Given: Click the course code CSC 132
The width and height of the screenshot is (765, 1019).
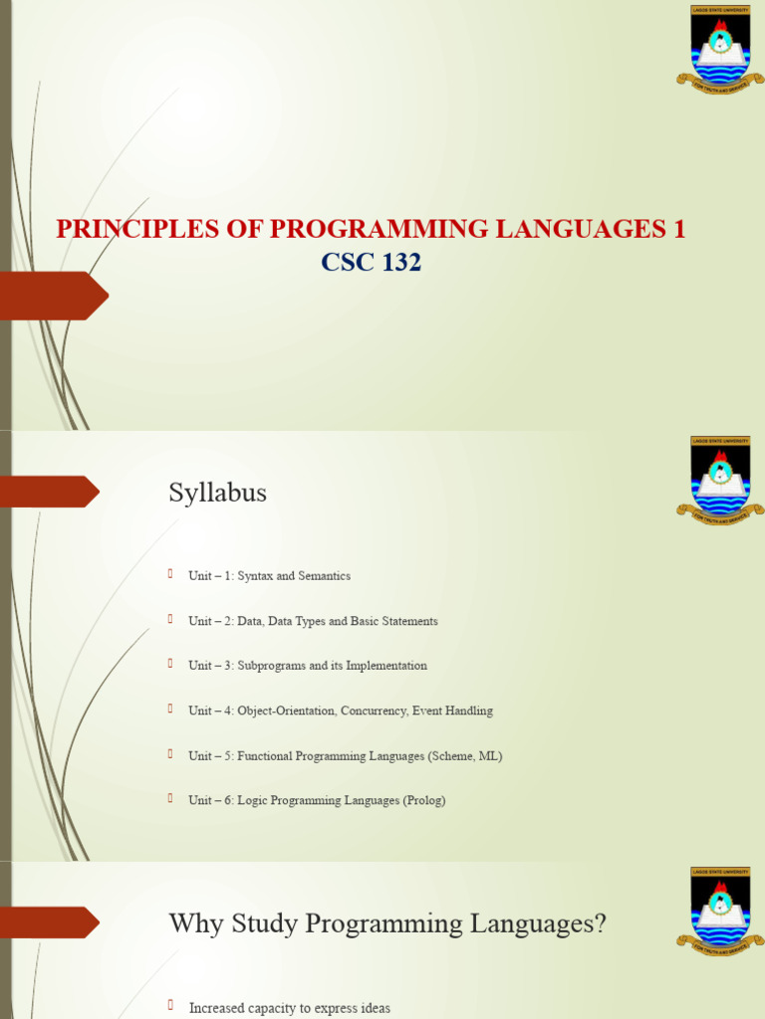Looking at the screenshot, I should [371, 263].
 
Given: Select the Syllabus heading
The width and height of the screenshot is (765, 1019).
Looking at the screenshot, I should [217, 493].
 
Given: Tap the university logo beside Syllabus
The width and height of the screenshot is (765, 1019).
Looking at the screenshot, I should [719, 481].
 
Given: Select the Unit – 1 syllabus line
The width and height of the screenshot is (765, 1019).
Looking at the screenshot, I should [269, 576].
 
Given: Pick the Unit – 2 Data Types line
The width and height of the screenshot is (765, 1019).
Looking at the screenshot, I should [313, 621].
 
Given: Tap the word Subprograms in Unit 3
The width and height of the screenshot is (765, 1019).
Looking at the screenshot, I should [271, 666].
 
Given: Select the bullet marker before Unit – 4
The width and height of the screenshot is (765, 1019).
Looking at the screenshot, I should [170, 708].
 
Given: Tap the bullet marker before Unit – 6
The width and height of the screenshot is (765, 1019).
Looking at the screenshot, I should [170, 797].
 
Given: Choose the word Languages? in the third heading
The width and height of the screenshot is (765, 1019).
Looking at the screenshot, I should [547, 923].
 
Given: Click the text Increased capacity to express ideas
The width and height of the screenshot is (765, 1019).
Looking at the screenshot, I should [289, 1008].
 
